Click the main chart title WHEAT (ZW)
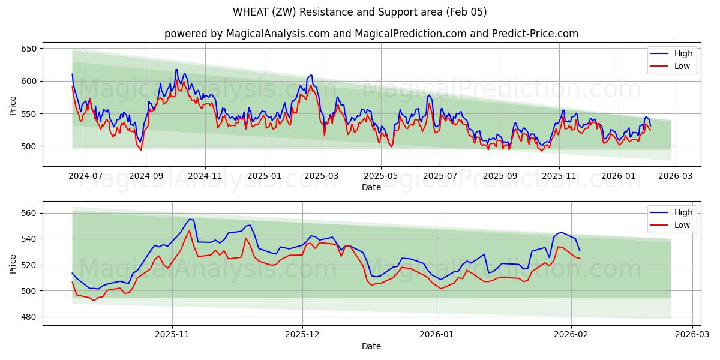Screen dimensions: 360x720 359,12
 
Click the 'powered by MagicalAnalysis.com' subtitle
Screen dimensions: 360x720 371,34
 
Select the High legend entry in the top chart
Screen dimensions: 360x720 683,53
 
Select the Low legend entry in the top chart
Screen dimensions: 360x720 682,66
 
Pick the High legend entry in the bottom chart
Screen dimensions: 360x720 683,212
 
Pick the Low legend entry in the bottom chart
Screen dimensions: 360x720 682,225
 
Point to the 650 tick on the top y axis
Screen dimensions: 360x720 29,49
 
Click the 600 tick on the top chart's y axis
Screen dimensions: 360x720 29,81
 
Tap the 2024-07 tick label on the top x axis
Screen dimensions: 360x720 85,176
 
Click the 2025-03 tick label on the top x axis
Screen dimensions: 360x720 322,176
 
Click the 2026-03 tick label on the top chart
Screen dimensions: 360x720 676,176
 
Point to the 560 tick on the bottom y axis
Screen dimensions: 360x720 29,213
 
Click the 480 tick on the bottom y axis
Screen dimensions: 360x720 29,317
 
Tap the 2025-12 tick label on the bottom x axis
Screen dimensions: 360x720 302,335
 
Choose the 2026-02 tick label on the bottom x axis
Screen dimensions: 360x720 571,335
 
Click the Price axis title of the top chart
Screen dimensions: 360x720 13,104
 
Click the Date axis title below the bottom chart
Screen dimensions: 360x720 371,346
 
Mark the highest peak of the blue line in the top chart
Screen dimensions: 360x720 176,70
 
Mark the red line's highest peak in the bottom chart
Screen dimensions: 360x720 190,230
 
